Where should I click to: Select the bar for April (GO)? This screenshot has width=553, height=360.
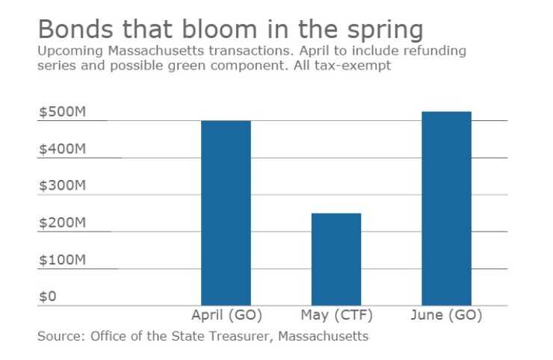226,213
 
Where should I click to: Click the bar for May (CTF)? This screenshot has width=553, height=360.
336,259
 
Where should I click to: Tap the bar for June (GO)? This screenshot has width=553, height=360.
446,208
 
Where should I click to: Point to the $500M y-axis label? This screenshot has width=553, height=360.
63,112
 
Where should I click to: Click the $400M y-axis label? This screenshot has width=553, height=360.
63,149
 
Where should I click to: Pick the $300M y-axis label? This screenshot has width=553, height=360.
63,186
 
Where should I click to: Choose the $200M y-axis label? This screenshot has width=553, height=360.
63,223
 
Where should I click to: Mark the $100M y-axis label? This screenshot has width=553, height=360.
63,260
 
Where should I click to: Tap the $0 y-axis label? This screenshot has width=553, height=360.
48,297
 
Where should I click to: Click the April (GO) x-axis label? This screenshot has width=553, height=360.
226,314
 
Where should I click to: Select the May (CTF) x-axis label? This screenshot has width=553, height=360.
336,314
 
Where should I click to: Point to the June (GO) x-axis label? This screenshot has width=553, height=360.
446,314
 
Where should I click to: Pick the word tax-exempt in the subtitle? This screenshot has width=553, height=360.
359,66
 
